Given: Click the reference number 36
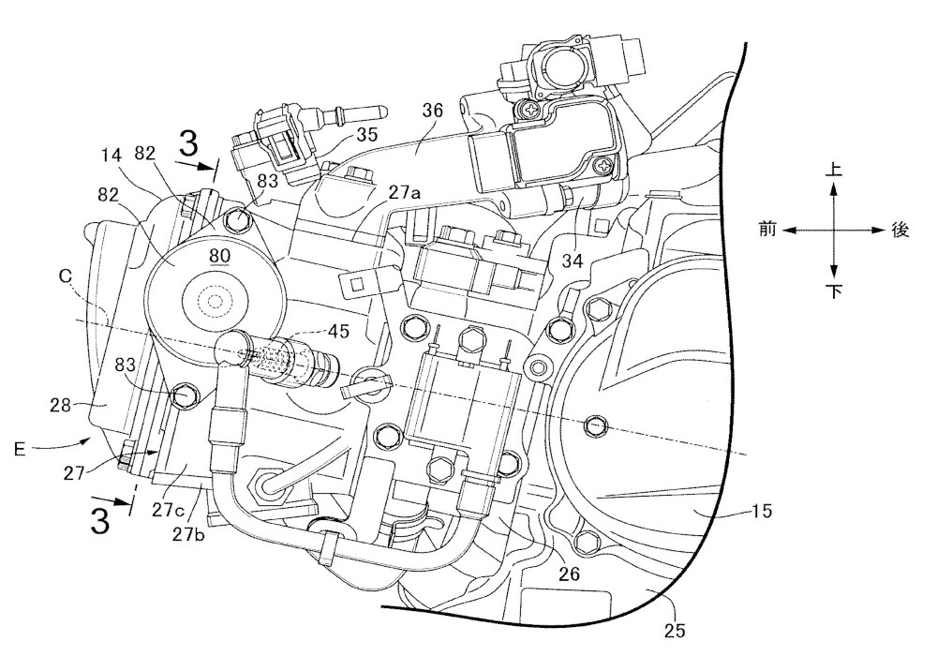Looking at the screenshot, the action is click(432, 111).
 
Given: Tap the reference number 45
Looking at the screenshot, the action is click(338, 331).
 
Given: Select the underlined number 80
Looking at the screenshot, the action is click(219, 256).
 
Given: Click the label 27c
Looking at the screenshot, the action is click(168, 510).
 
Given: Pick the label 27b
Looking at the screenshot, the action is click(188, 533).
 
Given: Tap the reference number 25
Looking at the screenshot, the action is click(674, 631).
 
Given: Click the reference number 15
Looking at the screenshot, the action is click(761, 511).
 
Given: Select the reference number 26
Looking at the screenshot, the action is click(569, 574).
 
